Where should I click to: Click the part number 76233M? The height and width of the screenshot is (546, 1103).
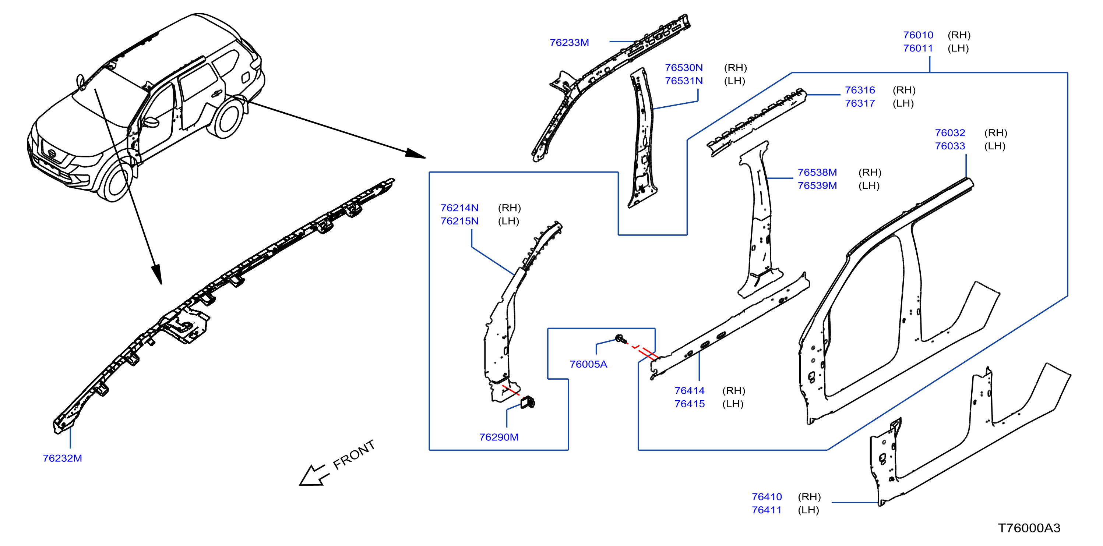coord(569,43)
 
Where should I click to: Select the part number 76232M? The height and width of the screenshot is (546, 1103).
coord(63,458)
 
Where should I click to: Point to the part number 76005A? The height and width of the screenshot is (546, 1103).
coord(588,364)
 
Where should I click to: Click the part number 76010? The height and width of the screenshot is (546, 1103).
coord(918,35)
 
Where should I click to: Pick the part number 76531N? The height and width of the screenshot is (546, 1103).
coord(684,81)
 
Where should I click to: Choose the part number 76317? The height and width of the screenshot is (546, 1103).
coord(860,103)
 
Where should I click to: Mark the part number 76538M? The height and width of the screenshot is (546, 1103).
coord(817,173)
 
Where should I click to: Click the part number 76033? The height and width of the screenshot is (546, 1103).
coord(950,146)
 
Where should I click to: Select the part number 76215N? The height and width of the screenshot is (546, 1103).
coord(459,221)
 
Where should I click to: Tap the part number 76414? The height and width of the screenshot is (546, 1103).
coord(689,391)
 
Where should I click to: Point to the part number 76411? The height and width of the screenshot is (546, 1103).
coord(767,510)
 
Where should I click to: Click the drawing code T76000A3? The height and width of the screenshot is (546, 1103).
coord(1029,528)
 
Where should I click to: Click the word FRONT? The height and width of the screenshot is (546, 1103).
coord(354,455)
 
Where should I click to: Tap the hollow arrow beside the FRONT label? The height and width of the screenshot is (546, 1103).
coord(314,475)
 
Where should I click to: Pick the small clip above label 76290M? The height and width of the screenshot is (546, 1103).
coord(528,403)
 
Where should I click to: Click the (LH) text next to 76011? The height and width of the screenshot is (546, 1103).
coord(958,48)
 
